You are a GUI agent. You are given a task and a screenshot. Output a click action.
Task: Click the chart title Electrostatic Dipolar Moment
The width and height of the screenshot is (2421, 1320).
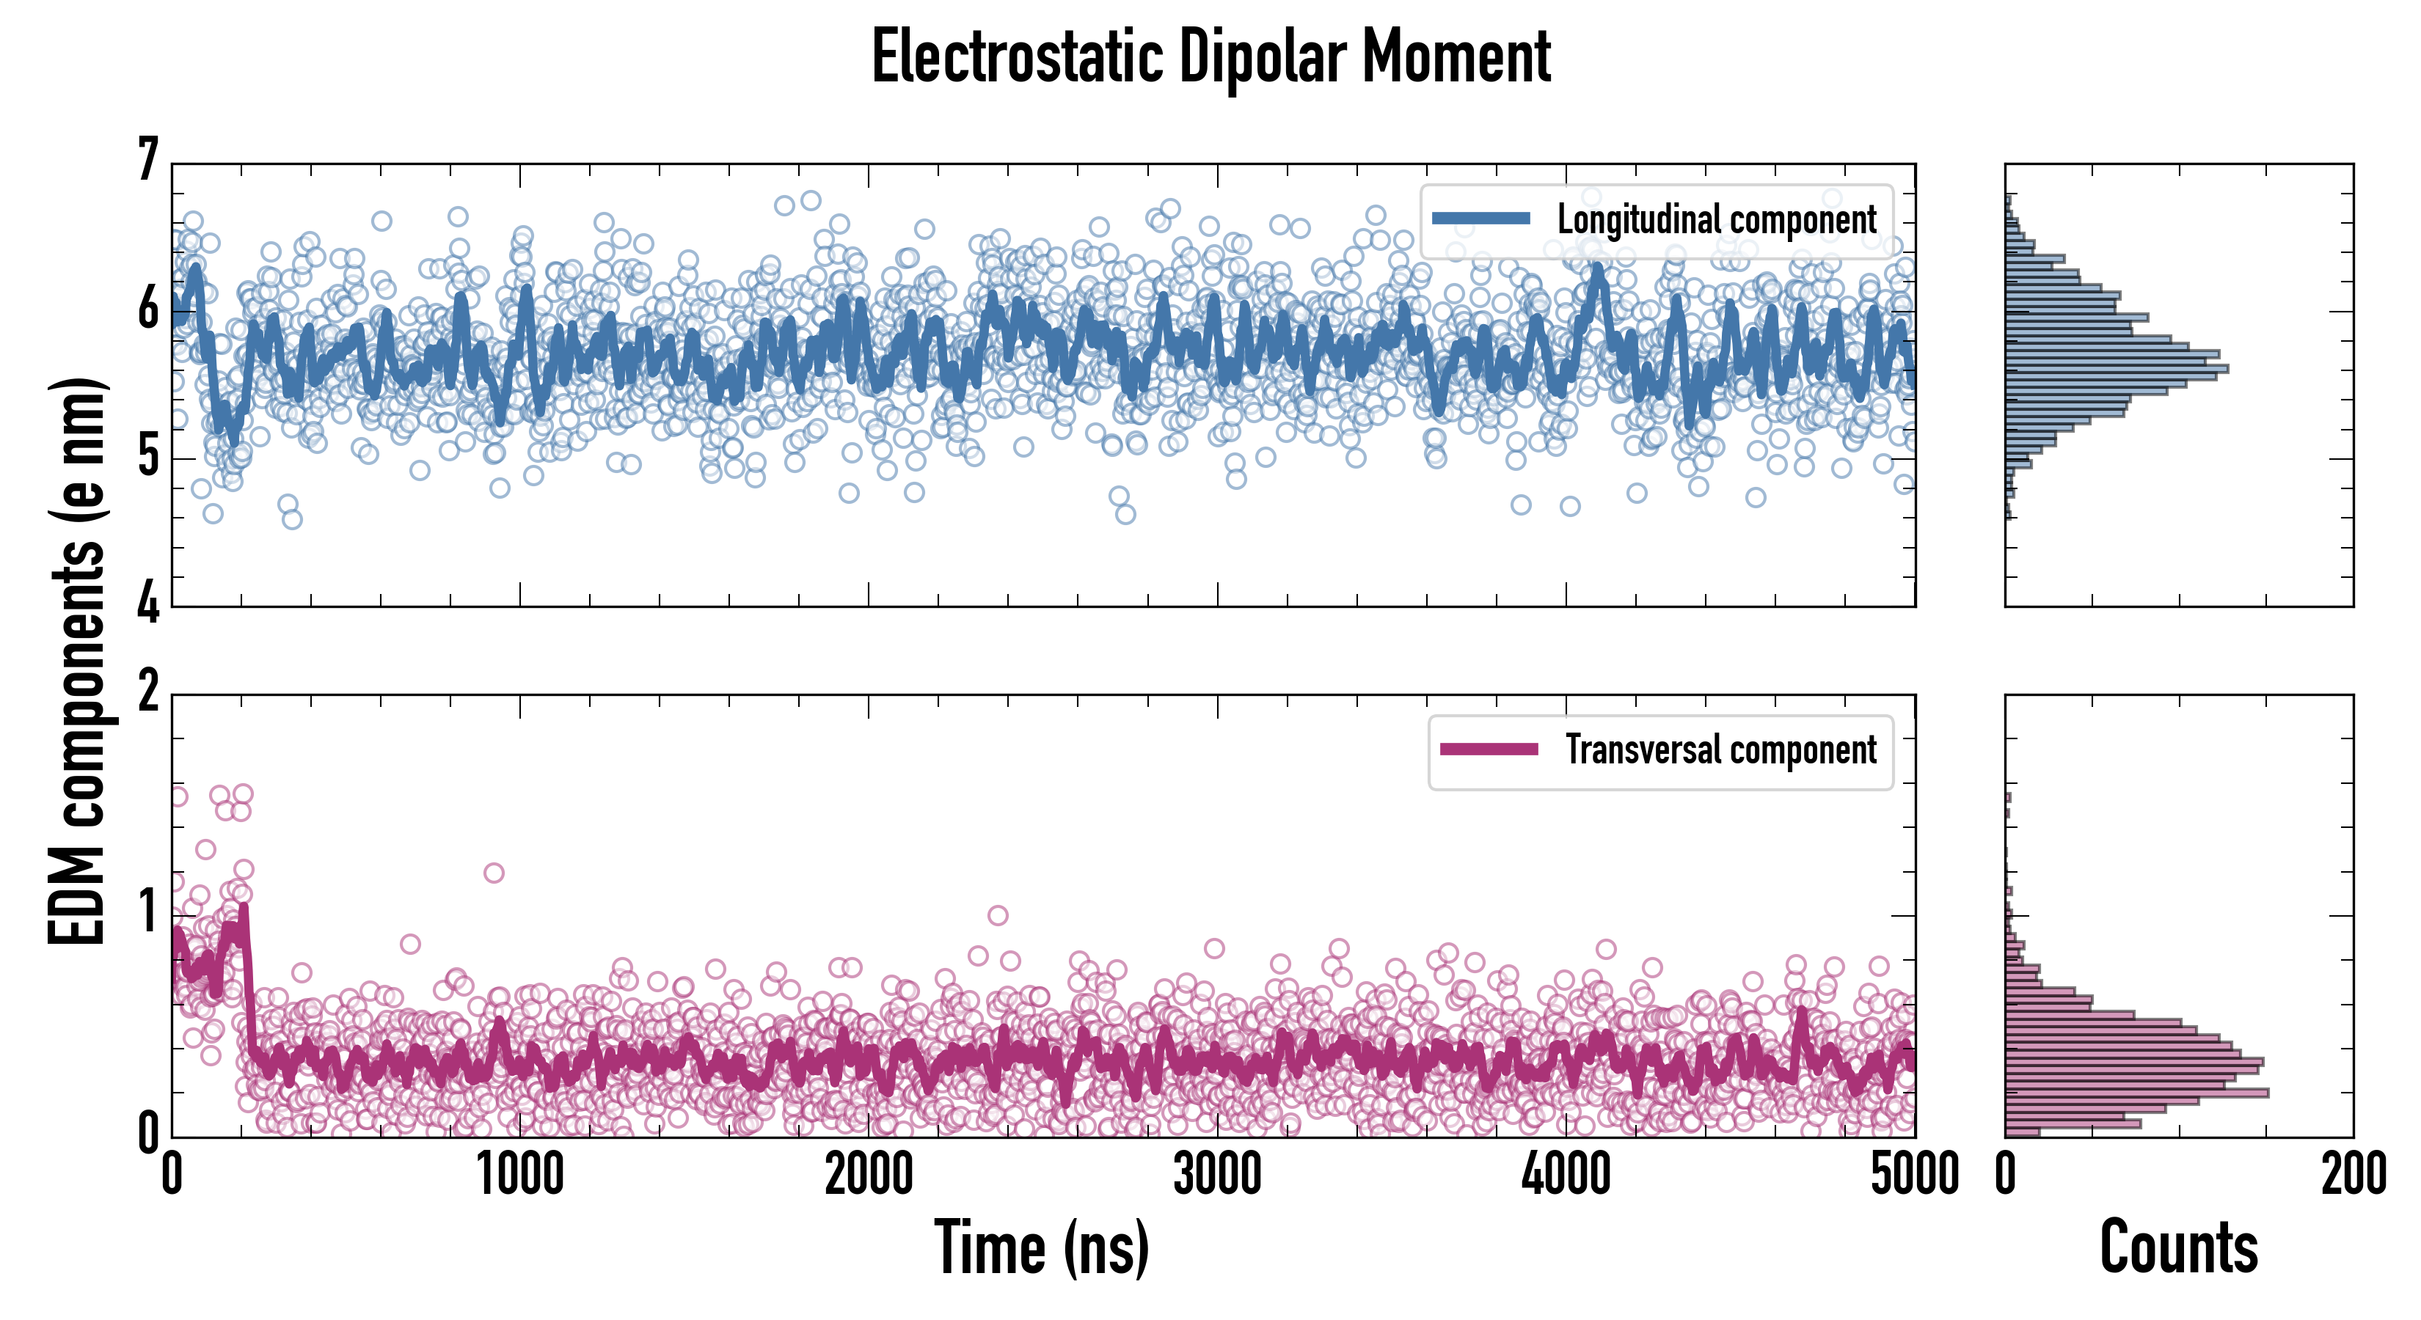click(x=1210, y=58)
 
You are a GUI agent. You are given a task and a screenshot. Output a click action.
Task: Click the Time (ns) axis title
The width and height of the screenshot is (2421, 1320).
click(x=1041, y=1247)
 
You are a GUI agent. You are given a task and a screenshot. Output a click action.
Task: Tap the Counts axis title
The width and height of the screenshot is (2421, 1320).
click(x=2178, y=1247)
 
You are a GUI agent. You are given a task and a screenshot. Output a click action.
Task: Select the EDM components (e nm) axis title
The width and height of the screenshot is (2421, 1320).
click(x=77, y=661)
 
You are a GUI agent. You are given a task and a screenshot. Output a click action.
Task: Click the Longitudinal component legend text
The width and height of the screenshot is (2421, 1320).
click(x=1716, y=220)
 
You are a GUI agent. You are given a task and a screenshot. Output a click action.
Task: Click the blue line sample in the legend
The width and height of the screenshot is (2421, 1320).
click(x=1480, y=219)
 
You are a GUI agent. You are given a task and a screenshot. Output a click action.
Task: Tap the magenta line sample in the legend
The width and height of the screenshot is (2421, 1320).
click(x=1489, y=749)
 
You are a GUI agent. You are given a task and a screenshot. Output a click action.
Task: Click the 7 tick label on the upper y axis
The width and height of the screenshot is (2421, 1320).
click(x=148, y=160)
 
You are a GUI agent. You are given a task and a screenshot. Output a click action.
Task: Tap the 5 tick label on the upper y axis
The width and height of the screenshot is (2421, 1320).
click(x=148, y=458)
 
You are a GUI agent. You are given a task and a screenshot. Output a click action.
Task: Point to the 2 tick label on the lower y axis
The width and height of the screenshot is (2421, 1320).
click(x=148, y=693)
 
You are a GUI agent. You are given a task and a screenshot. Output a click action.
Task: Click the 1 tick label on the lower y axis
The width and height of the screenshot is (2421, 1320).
click(x=148, y=913)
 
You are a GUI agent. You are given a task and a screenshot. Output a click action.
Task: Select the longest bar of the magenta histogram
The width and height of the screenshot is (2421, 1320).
click(x=2136, y=1093)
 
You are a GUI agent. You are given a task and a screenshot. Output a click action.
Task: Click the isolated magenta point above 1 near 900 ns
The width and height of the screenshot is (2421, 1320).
click(x=494, y=873)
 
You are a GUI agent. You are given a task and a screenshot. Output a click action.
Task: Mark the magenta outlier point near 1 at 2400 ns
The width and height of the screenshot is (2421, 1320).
click(x=998, y=915)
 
